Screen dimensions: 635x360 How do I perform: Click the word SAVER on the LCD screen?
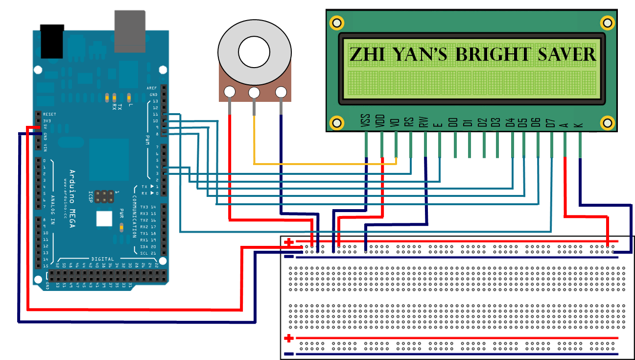click(x=567, y=54)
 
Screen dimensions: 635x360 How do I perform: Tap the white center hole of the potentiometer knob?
click(x=254, y=51)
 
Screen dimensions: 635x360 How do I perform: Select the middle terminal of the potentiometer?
click(x=254, y=92)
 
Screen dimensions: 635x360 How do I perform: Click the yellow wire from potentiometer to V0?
click(x=323, y=163)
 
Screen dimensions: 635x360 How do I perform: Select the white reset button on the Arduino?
click(x=104, y=218)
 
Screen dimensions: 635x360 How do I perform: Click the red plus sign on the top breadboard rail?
click(x=289, y=242)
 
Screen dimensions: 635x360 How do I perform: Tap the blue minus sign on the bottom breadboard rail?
click(x=289, y=354)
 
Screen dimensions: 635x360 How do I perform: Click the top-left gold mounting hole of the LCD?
click(x=336, y=23)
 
